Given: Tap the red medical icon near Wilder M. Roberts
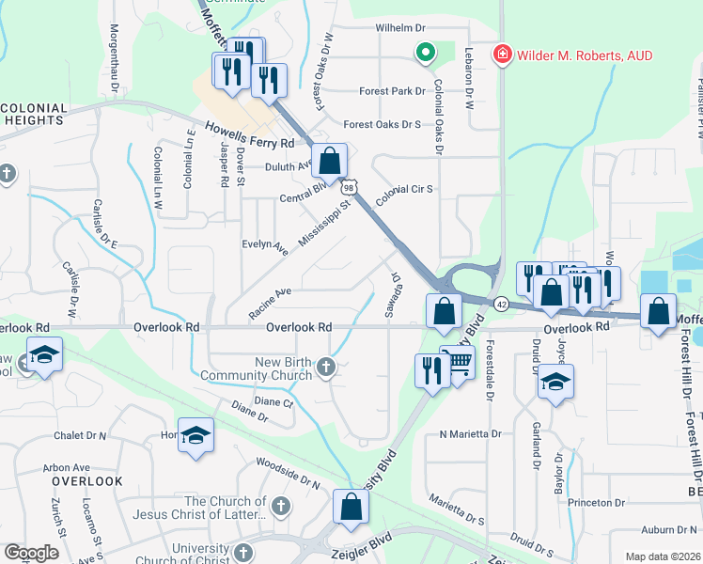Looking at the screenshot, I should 503,55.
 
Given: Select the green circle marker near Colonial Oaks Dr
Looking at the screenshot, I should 425,54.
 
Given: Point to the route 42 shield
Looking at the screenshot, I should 502,304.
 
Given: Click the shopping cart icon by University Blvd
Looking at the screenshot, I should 458,362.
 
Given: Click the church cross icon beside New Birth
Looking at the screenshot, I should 326,367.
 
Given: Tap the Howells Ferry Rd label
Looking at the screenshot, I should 250,135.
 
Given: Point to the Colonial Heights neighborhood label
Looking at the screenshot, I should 34,115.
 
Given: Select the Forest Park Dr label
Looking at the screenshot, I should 393,92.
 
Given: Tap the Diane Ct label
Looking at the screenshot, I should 276,402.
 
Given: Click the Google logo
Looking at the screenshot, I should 31,553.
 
